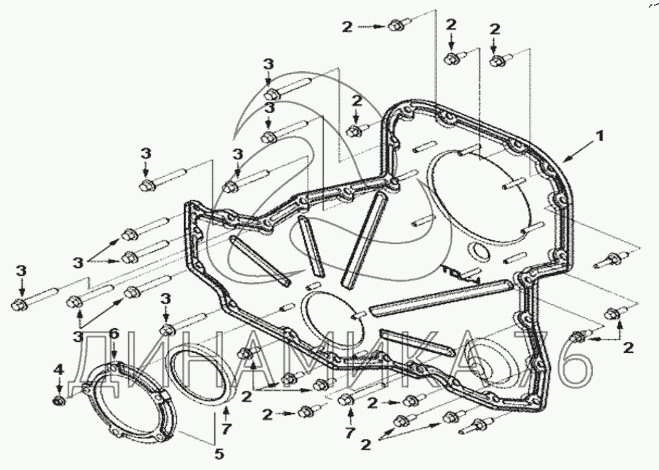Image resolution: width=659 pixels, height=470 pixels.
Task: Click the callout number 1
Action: [601, 136]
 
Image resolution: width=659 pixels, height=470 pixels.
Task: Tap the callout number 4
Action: [58, 369]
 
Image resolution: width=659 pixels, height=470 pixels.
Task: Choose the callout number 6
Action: [113, 333]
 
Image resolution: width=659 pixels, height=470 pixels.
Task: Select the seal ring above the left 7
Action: [202, 375]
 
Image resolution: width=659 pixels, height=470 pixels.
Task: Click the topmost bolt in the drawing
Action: [396, 27]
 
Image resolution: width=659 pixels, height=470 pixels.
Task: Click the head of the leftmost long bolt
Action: [19, 302]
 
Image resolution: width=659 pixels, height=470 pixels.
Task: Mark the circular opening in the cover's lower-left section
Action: [331, 317]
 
